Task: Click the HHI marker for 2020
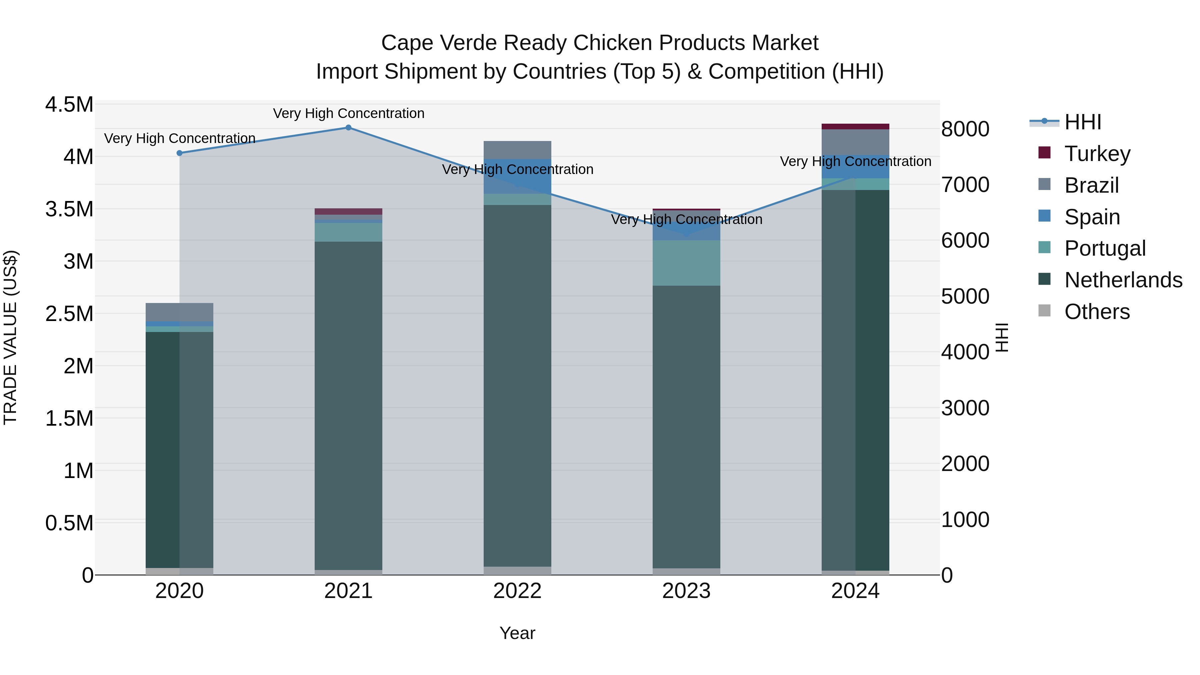[179, 153]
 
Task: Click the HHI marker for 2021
[348, 128]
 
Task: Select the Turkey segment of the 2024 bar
[855, 126]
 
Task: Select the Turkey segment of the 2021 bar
[348, 211]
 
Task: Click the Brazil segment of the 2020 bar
[179, 312]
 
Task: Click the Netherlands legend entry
[1123, 280]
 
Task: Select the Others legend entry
[1097, 312]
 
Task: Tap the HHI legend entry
[1083, 122]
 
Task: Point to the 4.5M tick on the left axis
[69, 104]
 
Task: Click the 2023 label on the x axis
[686, 591]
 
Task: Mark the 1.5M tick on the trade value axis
[69, 418]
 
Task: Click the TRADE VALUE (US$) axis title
[10, 337]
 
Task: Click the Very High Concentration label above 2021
[348, 113]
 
